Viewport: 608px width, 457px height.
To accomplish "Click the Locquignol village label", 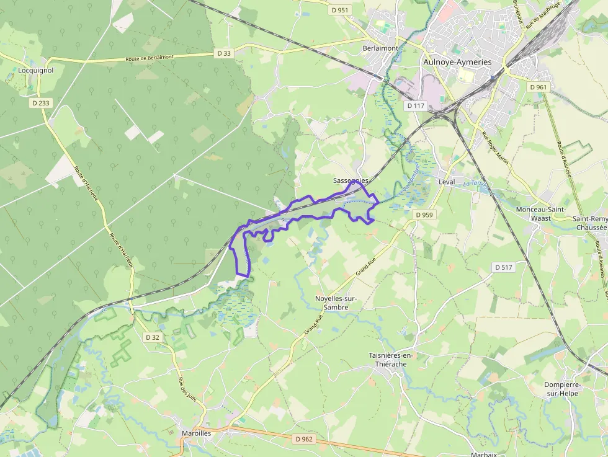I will pos(36,71).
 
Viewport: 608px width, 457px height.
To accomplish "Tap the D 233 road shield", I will pos(40,103).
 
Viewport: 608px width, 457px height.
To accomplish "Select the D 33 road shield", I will pos(225,53).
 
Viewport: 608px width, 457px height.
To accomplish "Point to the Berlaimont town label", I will pos(380,48).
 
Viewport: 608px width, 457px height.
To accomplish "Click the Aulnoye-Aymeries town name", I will pos(457,62).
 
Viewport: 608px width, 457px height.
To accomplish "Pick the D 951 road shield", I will pos(340,10).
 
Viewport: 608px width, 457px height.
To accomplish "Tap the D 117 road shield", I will pos(416,106).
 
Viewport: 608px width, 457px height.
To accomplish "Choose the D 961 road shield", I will pos(539,87).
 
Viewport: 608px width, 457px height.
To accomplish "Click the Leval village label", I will pos(447,182).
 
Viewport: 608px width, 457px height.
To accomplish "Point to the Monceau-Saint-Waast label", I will pos(541,214).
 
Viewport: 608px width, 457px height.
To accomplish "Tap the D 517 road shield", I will pos(504,267).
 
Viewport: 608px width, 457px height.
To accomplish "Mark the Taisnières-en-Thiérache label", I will pos(391,360).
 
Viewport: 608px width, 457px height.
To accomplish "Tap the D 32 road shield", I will pos(152,337).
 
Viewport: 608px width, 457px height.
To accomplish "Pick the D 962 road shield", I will pos(304,439).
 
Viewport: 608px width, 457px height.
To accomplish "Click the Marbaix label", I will pos(483,454).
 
